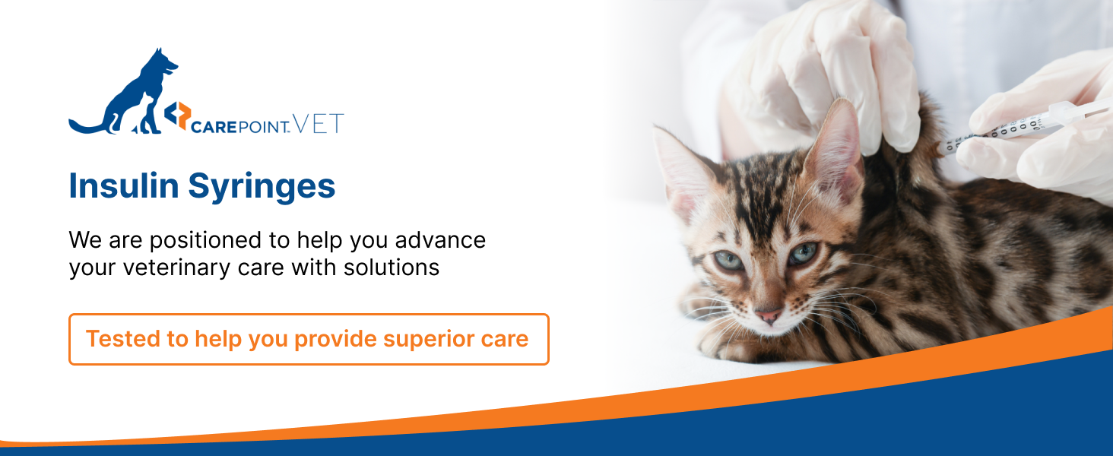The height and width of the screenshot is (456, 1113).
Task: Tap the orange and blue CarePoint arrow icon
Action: pos(178,116)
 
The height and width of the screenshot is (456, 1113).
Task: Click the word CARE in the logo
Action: pos(214,127)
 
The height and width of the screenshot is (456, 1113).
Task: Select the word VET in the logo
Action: pos(319,124)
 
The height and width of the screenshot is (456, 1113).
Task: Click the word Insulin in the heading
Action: pos(124,185)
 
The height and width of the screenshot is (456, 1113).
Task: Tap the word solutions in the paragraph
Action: pos(392,268)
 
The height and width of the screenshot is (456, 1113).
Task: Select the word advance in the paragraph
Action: pos(440,240)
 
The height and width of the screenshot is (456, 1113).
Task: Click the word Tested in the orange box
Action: pos(123,339)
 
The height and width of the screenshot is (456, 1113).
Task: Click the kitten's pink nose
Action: pos(768,316)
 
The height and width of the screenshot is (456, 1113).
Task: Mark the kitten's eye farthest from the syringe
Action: pos(728,260)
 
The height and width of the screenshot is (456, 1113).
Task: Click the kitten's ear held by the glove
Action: pos(836,149)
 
